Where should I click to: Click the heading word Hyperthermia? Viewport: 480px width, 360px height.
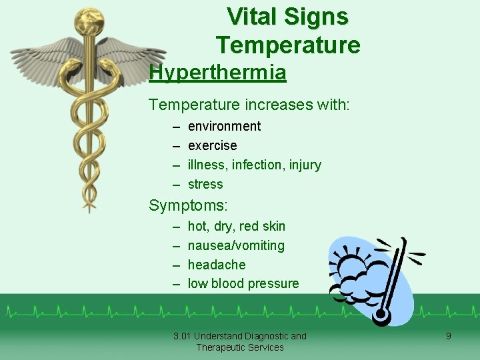pos(217,72)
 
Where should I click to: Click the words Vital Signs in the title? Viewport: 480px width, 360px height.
pos(287,17)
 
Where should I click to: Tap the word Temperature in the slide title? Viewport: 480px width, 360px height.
pos(287,45)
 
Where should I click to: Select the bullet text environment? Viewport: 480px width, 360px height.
pos(224,126)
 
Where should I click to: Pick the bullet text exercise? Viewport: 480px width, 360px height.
pos(212,145)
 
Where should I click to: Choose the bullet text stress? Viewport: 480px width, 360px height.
pos(205,184)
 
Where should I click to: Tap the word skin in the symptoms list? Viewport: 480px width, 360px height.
pos(273,226)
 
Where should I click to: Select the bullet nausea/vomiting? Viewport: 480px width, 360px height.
pos(236,245)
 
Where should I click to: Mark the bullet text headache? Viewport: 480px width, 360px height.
pos(217,265)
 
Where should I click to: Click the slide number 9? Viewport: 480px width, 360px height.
pos(448,336)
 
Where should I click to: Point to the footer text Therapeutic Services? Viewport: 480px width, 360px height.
pos(240,347)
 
